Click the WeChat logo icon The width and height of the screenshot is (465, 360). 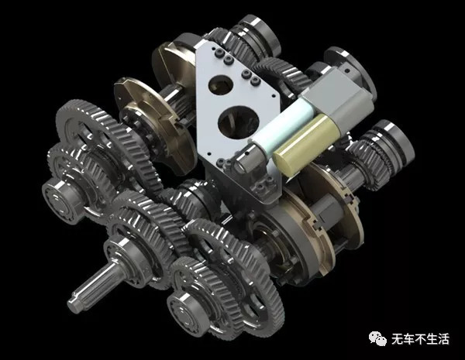(377, 338)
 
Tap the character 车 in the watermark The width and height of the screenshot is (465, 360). (409, 339)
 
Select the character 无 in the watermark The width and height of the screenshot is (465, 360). (398, 339)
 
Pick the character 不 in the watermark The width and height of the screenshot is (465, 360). (421, 339)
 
